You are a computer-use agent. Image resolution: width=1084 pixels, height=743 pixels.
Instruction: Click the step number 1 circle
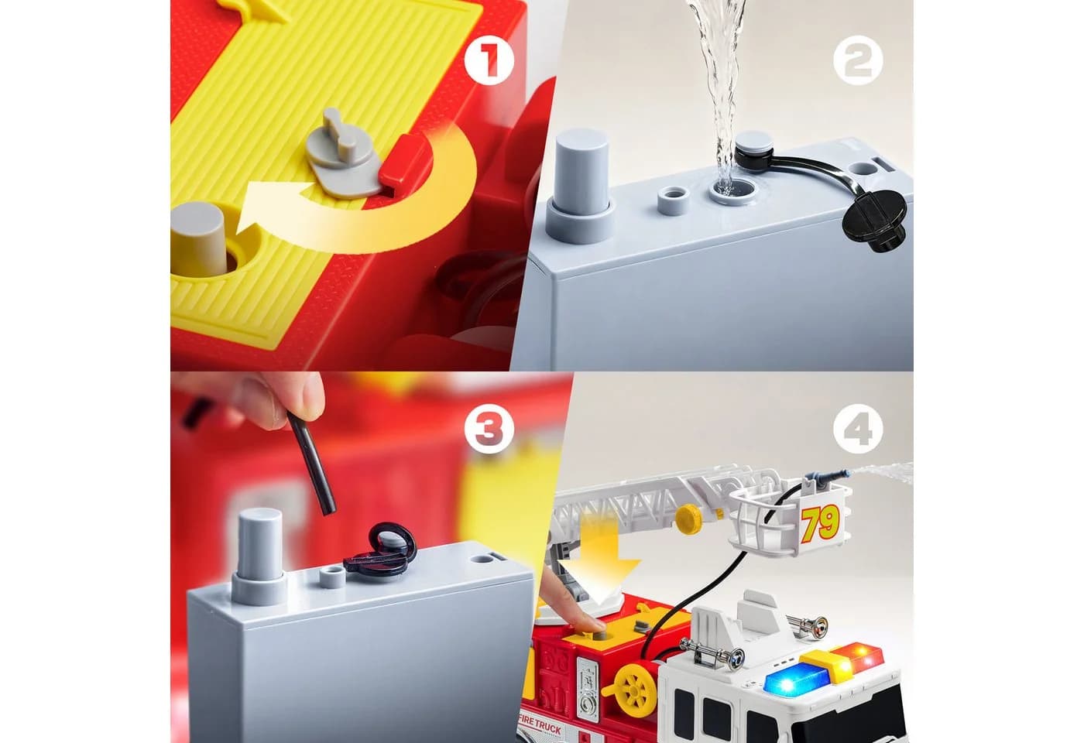coord(489,60)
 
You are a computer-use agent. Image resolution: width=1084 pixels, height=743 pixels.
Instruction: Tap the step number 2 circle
coord(858,60)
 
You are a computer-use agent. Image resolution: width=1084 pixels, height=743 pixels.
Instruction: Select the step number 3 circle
coord(489,429)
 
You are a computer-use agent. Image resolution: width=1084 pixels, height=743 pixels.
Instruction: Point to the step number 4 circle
coord(858,429)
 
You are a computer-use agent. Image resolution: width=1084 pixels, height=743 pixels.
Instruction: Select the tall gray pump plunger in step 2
coord(581,187)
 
